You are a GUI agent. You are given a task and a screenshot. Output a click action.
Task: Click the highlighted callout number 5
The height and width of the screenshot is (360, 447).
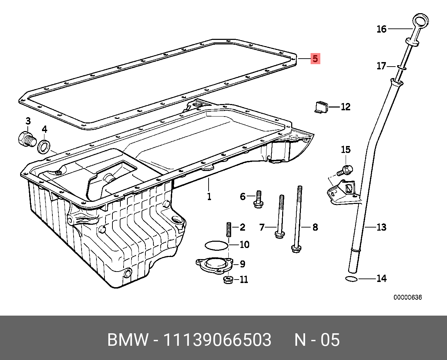tap(315, 59)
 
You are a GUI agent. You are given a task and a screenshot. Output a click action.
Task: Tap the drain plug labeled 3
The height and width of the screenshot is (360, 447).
tap(26, 140)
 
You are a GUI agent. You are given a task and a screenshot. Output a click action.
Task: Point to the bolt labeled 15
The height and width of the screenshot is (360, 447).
tap(345, 170)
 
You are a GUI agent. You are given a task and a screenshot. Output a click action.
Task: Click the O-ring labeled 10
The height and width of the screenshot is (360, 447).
tap(217, 245)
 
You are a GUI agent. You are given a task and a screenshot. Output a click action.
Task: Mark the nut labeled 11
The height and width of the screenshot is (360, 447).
tap(228, 279)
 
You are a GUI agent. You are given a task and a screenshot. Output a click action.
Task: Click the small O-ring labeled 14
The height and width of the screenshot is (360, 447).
tap(352, 278)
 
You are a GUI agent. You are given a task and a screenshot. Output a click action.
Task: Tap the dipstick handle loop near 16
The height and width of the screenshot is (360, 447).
tap(421, 20)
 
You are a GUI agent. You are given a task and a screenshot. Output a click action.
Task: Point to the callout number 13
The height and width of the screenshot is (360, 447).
tap(381, 227)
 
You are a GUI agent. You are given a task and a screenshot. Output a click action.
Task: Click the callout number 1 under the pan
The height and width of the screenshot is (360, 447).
tap(209, 197)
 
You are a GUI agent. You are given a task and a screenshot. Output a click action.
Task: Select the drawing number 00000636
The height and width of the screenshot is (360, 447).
tap(407, 297)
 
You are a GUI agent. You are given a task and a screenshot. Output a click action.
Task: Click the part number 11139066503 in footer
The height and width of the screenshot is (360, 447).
tap(217, 340)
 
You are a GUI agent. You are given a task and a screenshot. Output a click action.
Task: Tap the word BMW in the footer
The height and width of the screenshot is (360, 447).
tap(128, 340)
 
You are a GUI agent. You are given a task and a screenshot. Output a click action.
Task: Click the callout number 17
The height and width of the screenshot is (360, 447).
tap(381, 66)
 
